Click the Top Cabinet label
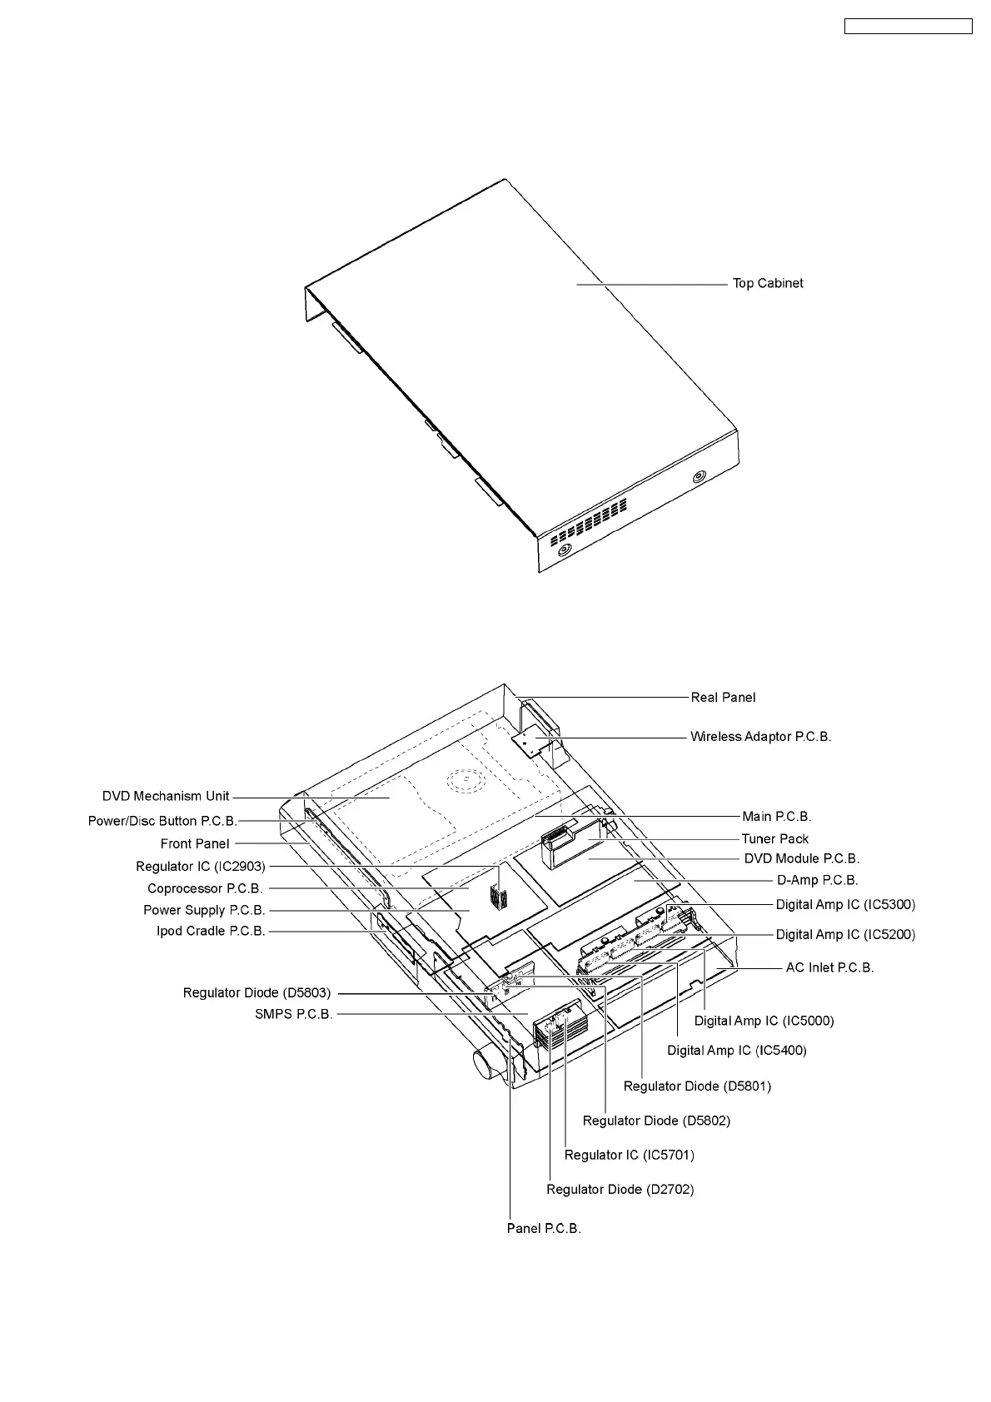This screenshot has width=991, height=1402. point(767,284)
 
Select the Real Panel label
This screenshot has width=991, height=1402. point(723,698)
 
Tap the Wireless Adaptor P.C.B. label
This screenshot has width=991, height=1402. point(760,737)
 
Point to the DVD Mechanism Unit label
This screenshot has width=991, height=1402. point(166,797)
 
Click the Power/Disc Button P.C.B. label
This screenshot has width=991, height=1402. point(162,822)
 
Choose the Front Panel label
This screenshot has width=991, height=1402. point(195,844)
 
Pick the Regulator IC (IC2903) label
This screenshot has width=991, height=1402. point(201,868)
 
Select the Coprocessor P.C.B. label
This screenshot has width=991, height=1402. point(205,889)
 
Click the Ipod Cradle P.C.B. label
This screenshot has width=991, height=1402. point(211,932)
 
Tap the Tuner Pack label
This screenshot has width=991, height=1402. point(774,839)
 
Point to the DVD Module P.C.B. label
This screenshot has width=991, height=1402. point(801,858)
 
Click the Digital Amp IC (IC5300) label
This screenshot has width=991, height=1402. point(845,905)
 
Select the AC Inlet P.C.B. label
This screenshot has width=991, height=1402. point(829,968)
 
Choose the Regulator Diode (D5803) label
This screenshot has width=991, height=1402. point(256,993)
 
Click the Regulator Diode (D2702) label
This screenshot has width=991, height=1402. point(620,1190)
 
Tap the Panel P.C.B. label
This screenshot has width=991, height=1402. point(544,1229)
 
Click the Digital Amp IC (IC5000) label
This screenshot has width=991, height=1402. point(764,1021)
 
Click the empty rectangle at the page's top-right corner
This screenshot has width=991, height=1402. point(909,27)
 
